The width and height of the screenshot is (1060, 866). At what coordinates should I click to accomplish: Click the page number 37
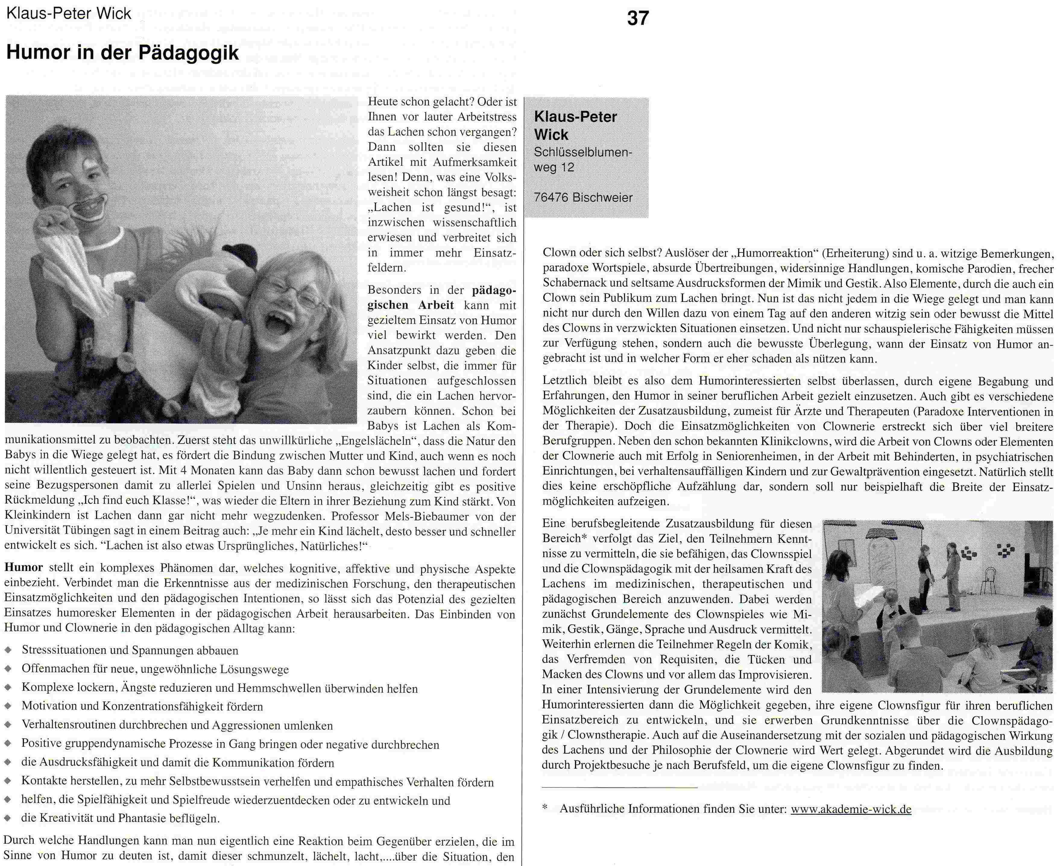tap(638, 18)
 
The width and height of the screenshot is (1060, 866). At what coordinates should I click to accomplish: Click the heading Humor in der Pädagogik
tap(122, 53)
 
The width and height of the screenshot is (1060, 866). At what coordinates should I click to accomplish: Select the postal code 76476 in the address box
tap(551, 198)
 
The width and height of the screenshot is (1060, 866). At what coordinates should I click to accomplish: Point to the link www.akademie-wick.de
tap(851, 809)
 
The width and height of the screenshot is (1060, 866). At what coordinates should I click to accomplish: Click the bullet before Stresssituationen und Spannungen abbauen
tap(8, 651)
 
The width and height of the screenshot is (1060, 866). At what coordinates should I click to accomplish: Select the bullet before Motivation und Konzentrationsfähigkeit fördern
tap(8, 706)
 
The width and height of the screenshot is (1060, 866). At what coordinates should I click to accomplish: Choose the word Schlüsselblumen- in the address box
tap(582, 152)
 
